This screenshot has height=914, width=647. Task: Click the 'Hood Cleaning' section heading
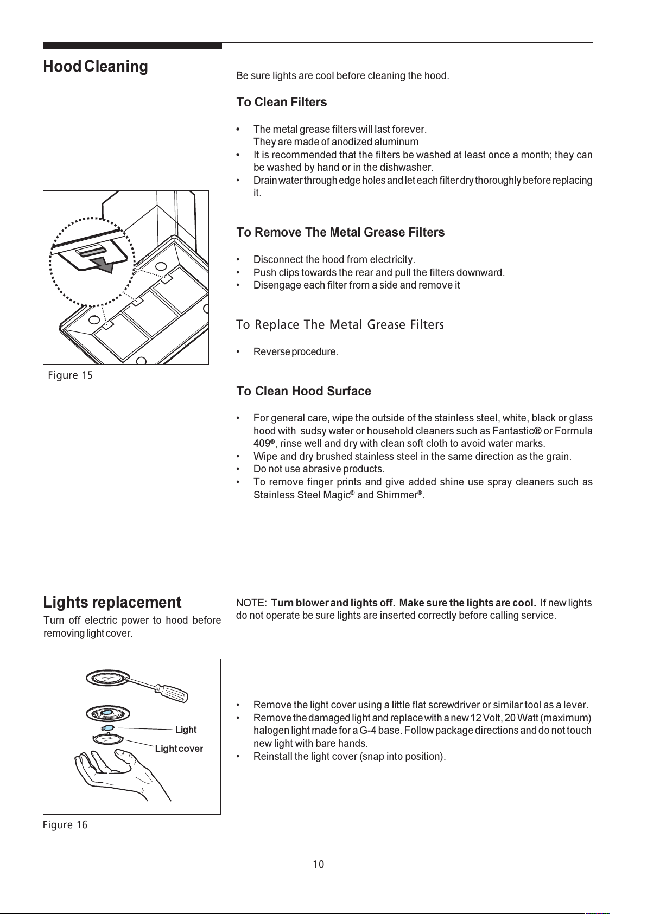(x=96, y=67)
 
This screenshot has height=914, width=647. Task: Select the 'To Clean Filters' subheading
(x=281, y=102)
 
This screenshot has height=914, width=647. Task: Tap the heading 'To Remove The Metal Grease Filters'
(x=340, y=232)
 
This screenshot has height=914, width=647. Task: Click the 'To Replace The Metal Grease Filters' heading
(x=340, y=325)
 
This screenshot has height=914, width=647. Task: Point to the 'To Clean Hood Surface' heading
(x=304, y=391)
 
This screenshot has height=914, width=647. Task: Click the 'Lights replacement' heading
(x=112, y=602)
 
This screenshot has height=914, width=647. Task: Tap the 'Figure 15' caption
(x=70, y=375)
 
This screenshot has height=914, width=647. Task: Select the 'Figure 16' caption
(x=65, y=824)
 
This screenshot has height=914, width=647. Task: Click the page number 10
(x=319, y=864)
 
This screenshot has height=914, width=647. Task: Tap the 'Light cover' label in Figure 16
(x=179, y=749)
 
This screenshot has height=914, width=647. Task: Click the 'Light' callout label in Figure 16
(x=186, y=729)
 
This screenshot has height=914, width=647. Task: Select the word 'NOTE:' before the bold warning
(x=251, y=603)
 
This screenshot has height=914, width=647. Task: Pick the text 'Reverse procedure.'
(x=295, y=351)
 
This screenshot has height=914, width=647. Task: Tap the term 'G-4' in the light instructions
(x=368, y=730)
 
